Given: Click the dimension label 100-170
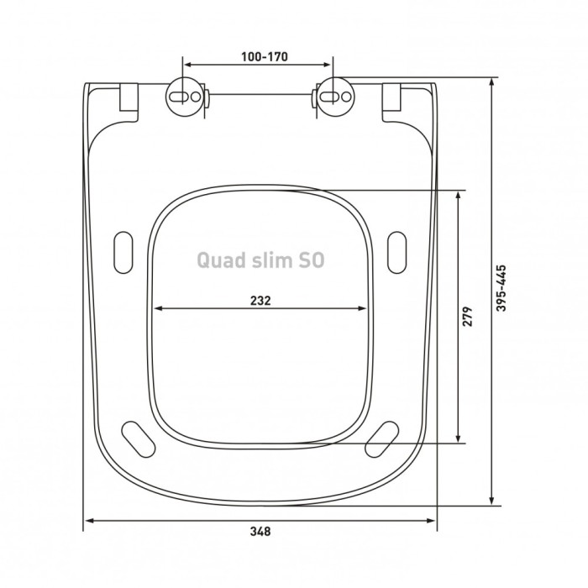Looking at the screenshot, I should coord(260,57).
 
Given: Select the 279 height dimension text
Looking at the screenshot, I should coord(469,316).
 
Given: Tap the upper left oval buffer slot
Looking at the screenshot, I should coord(122,250).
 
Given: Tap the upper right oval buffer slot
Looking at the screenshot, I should coord(396,250).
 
